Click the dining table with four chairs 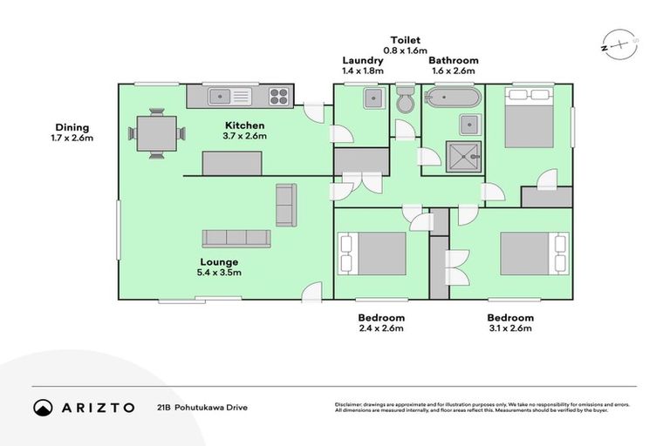point(157,133)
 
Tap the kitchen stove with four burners point(279,95)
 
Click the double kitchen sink point(229,95)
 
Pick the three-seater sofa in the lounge point(236,238)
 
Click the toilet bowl point(405,101)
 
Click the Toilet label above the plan point(405,40)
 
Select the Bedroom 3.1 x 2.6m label point(510,323)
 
